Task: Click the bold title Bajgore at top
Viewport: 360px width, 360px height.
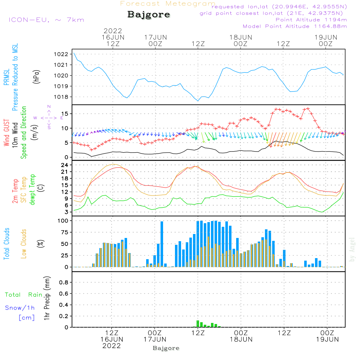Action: (x=149, y=15)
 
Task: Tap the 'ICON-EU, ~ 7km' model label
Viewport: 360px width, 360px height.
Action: (x=46, y=20)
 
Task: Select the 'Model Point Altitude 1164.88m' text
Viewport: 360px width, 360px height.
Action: (x=295, y=26)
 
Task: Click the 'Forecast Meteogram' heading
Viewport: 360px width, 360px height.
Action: (x=168, y=4)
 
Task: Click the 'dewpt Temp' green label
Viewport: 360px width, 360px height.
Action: (x=32, y=190)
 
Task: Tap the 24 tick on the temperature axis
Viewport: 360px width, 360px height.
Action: (x=65, y=165)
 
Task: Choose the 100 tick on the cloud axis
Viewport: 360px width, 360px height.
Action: (x=63, y=221)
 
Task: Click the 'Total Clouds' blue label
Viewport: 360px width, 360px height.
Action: (x=7, y=244)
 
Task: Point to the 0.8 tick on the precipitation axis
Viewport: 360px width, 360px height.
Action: (x=64, y=283)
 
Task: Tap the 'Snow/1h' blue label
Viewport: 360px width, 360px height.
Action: (x=20, y=308)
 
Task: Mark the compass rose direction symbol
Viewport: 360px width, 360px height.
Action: (x=49, y=118)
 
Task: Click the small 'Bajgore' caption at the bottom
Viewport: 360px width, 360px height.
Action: (x=166, y=348)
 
